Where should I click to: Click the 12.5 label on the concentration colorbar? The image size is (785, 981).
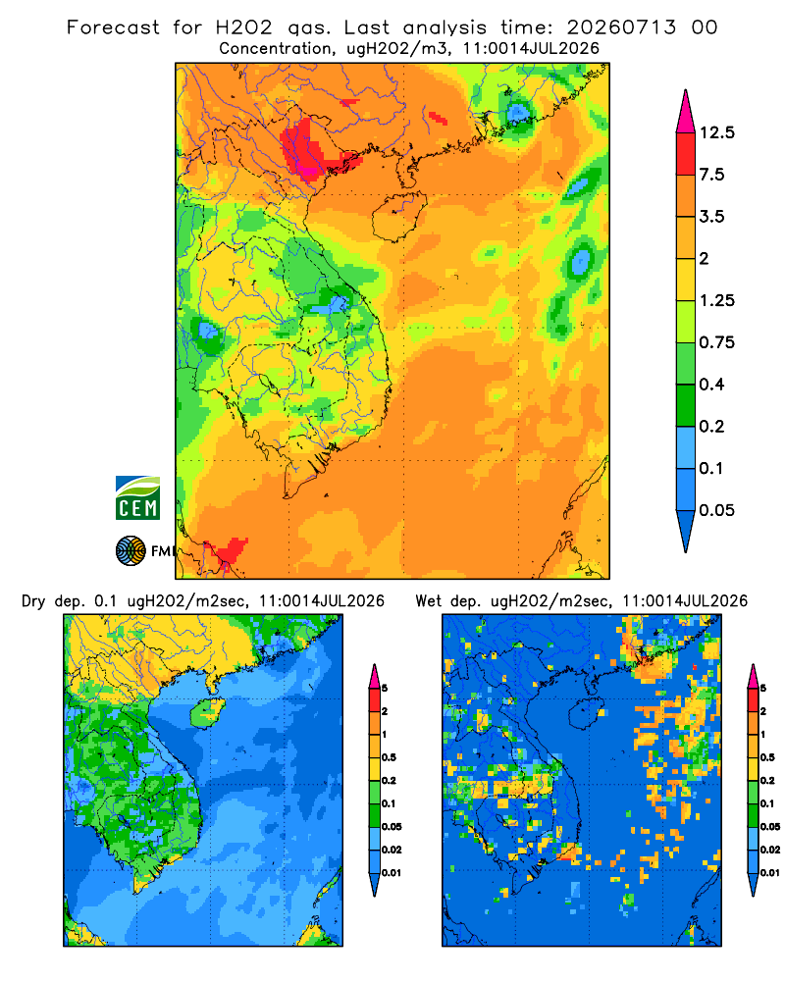coord(716,132)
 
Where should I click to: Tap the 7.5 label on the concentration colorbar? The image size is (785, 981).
coord(711,175)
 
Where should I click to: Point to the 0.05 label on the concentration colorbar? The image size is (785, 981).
coord(716,510)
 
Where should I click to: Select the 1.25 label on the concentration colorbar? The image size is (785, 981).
coord(716,300)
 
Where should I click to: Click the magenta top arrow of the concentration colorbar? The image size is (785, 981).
coord(686,113)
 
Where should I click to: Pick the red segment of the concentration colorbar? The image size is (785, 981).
coord(686,154)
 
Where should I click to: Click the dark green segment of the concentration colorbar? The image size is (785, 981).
coord(686,405)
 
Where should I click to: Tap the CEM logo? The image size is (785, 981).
coord(137,498)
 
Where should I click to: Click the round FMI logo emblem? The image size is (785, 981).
coord(131,550)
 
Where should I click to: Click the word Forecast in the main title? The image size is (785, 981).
coord(113,27)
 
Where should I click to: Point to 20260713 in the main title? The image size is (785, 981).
coord(621,27)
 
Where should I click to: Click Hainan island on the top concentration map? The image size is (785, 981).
coord(399,217)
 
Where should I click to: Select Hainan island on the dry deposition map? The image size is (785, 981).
coord(208,712)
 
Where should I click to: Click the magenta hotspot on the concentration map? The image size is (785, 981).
coord(308,168)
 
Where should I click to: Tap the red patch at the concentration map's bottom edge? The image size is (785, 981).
coord(230,550)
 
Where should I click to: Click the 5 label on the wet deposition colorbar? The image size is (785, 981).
coord(763,689)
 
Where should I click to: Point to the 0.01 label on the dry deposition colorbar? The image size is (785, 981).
coord(392,873)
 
